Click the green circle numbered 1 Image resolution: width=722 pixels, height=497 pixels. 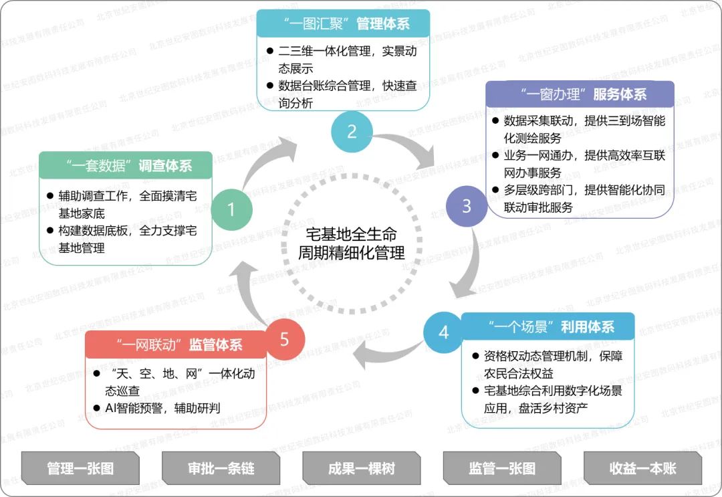tap(231, 210)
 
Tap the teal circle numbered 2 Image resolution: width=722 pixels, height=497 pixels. tap(352, 131)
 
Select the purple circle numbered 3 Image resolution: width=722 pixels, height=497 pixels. tap(467, 206)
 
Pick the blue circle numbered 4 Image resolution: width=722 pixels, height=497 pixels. tap(444, 332)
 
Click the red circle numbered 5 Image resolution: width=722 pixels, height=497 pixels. tap(284, 339)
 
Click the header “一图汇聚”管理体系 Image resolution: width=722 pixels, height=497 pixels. tap(343, 25)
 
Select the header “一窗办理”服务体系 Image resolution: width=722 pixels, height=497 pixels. tap(580, 94)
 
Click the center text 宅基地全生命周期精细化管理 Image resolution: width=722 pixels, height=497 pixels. tap(352, 244)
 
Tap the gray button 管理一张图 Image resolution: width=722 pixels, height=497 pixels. tap(80, 468)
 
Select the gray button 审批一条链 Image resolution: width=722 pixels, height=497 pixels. tap(221, 468)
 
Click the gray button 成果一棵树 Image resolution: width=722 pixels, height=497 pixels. tap(361, 468)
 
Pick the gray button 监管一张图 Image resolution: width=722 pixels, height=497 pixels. tap(501, 468)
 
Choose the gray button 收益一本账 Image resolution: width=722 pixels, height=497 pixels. tap(642, 468)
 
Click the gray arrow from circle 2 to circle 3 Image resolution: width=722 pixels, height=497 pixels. tap(408, 151)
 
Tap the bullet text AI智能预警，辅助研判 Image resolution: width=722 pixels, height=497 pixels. tap(163, 408)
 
